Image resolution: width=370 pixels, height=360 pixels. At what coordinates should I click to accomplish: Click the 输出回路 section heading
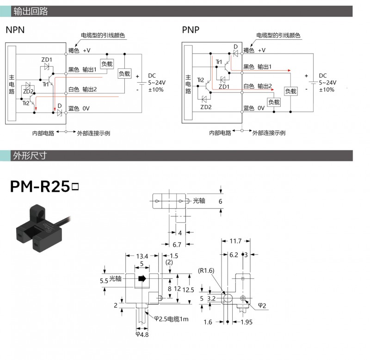[31, 11]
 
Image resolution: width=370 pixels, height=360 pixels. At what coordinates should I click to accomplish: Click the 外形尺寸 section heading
[31, 156]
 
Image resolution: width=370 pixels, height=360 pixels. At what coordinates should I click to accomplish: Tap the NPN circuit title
[15, 31]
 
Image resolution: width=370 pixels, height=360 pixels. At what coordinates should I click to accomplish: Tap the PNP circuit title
[191, 31]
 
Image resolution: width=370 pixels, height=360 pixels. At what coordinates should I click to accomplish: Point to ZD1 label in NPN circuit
[47, 60]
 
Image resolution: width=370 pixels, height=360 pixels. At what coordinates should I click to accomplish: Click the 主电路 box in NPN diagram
[12, 85]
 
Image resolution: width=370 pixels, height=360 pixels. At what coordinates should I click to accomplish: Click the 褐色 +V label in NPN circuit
[80, 50]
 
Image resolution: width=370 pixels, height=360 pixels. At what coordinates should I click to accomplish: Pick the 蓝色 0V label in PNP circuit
[254, 108]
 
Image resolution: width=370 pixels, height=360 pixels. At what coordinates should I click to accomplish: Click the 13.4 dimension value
[142, 256]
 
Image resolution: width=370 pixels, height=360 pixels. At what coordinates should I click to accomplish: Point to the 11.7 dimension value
[235, 241]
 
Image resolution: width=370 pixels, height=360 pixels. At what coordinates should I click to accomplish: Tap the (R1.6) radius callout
[207, 270]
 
